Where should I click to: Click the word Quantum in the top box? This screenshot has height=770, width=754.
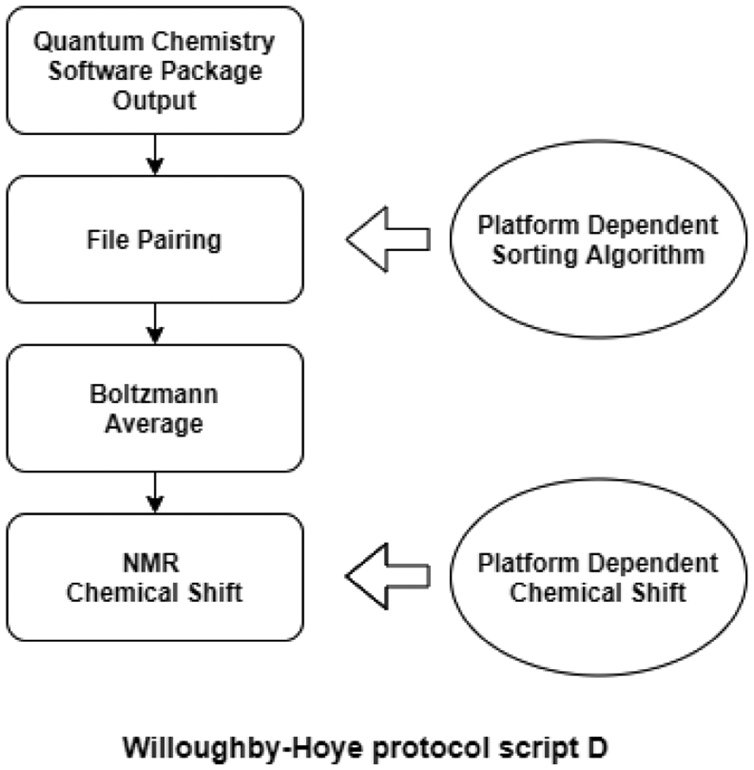(89, 41)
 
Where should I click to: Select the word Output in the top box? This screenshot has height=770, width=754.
(154, 101)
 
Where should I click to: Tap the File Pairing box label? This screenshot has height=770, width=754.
(154, 240)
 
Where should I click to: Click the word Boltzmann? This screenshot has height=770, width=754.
(154, 394)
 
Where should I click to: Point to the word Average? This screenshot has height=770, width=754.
(154, 424)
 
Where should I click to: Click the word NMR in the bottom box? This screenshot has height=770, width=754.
(151, 563)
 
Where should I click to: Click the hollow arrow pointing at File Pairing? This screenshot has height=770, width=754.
(387, 239)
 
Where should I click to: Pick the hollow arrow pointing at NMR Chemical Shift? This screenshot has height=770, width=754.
(387, 576)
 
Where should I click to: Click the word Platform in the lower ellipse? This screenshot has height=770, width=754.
(528, 563)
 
